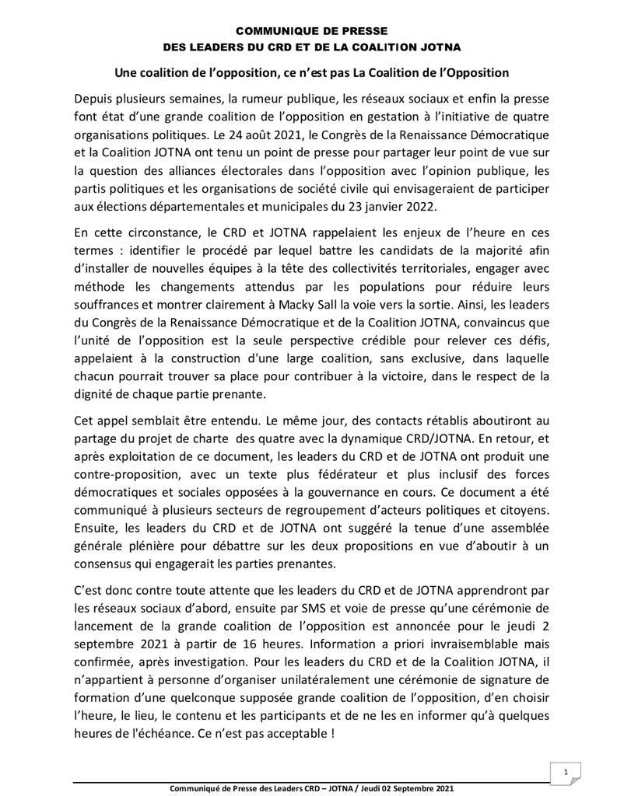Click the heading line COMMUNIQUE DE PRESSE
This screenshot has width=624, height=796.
click(311, 32)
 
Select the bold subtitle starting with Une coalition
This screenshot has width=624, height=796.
click(311, 72)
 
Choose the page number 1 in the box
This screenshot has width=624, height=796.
click(567, 770)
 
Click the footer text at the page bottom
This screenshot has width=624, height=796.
click(311, 788)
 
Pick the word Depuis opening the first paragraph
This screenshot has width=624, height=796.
click(93, 99)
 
